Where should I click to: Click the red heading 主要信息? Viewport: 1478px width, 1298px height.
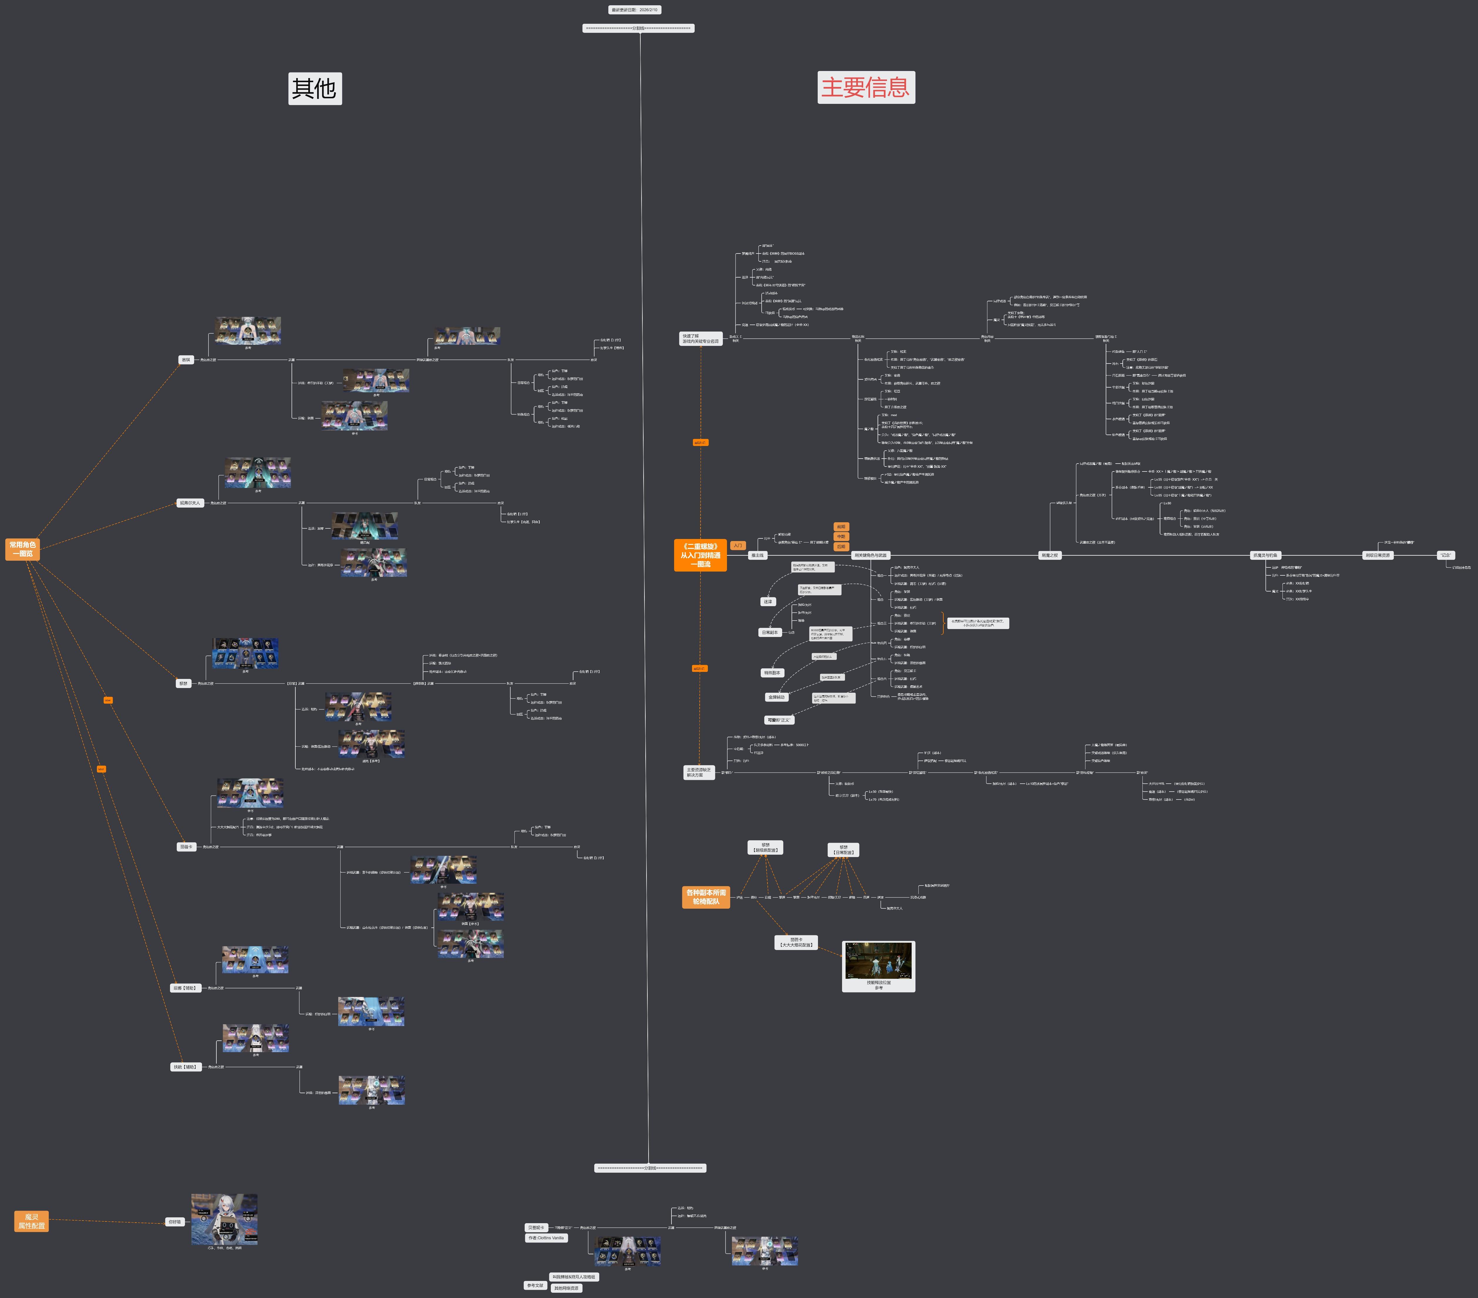[866, 87]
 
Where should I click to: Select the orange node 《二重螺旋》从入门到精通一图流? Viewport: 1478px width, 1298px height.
[700, 555]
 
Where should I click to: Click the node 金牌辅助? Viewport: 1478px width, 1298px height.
[777, 697]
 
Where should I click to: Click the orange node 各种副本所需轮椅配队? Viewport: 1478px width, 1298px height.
[706, 897]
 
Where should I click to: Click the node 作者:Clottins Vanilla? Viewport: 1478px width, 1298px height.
[546, 1238]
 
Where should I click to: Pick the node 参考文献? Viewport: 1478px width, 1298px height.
[535, 1286]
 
